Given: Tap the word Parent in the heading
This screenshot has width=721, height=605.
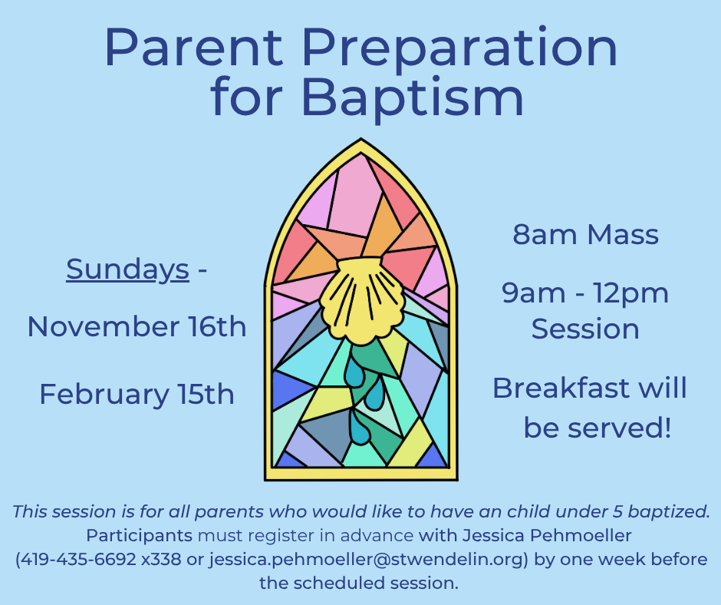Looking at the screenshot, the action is coord(193,48).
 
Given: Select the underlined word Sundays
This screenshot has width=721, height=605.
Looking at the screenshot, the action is coord(127,269).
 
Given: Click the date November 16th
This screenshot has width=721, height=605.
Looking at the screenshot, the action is coord(137,326).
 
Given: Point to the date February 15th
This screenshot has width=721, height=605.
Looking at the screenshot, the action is coord(137,395).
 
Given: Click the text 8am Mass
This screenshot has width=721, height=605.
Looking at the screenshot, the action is coord(585,234).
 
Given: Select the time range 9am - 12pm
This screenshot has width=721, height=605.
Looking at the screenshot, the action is coord(585,294).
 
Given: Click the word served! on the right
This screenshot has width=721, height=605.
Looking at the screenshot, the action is coord(619,428).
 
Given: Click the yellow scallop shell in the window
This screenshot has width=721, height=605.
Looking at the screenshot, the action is coord(362,297).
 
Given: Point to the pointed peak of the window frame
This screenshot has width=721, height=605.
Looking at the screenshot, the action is coord(361,139).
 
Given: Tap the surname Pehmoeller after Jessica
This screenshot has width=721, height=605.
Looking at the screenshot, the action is coord(581,535).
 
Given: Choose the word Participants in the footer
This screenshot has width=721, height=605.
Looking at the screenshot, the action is coord(140,536).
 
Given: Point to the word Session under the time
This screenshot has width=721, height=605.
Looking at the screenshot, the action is coord(585,329).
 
